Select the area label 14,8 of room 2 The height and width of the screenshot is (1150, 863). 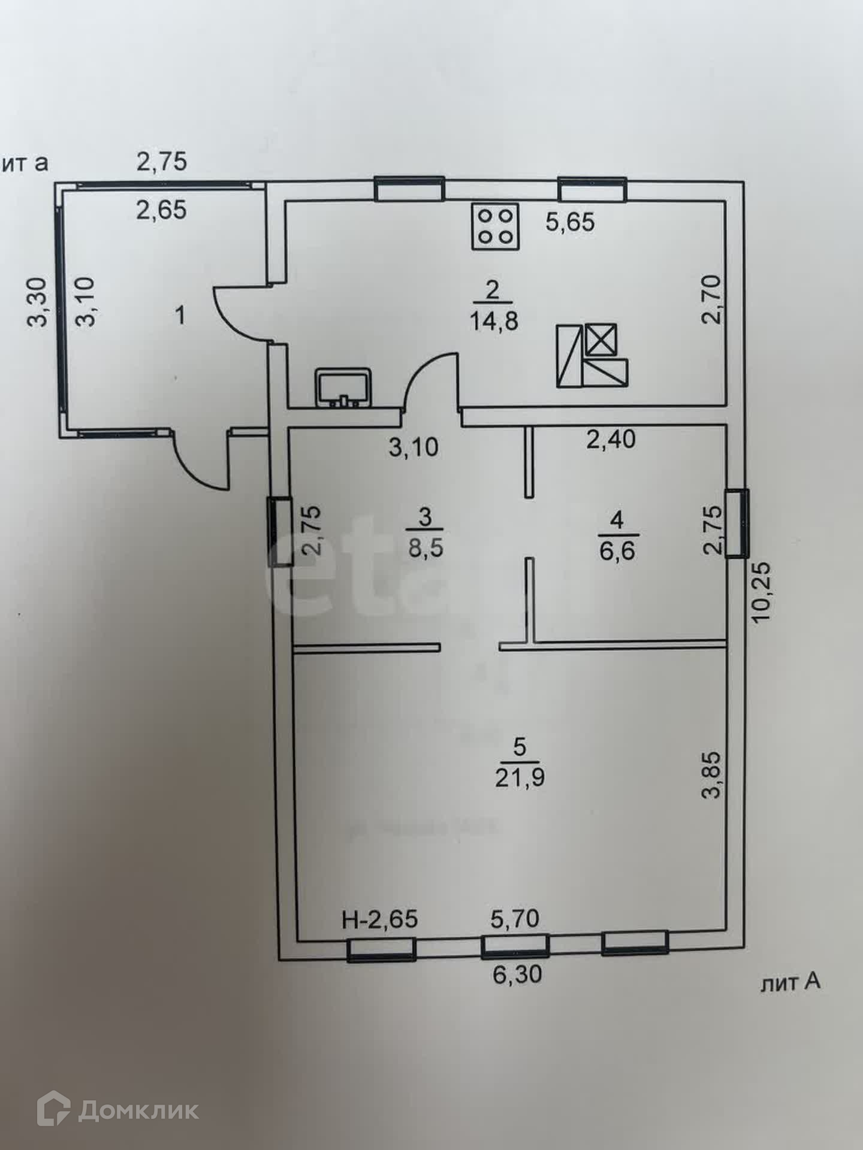pos(493,322)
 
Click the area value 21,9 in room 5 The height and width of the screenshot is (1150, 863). pos(520,777)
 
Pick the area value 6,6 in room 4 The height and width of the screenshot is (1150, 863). pos(617,550)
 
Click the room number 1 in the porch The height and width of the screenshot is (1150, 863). pos(180,316)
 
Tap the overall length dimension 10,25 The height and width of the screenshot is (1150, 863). pos(761,592)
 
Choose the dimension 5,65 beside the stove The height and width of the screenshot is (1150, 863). pos(570,222)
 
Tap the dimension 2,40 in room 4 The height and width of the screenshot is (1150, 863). pos(610,440)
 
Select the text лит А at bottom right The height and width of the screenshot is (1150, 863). pos(789,982)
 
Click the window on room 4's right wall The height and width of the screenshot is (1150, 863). pos(737,523)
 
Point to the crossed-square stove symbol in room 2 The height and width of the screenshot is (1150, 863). pos(600,340)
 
